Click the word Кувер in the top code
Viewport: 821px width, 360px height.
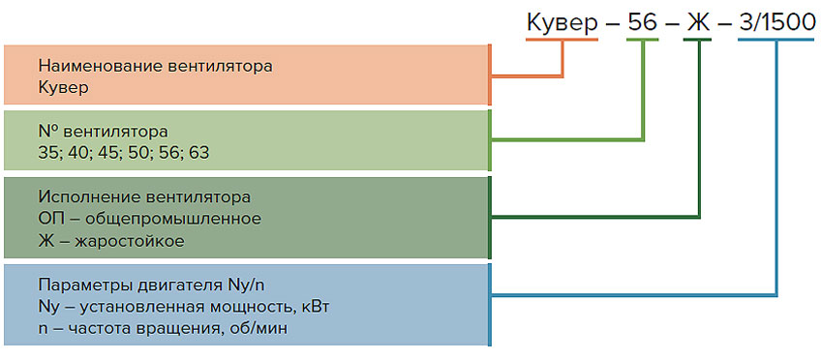click(x=563, y=21)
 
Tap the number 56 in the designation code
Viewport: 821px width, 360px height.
click(x=643, y=21)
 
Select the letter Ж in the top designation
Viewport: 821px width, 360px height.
click(x=698, y=21)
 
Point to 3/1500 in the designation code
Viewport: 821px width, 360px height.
click(x=775, y=21)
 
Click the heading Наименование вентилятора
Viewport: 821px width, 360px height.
click(x=155, y=67)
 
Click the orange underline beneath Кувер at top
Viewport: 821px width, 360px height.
click(x=563, y=39)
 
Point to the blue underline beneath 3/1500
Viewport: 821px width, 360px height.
click(x=775, y=39)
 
